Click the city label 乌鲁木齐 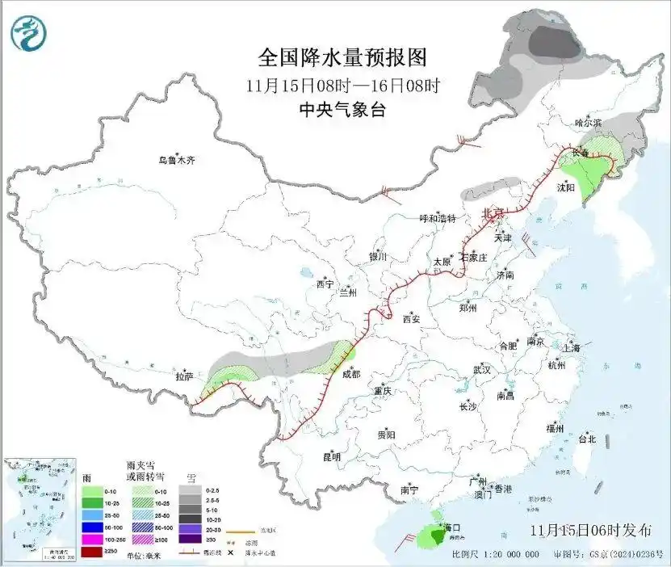pyautogui.click(x=177, y=161)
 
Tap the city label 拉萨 pyautogui.click(x=184, y=376)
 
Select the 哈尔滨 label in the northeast pyautogui.click(x=589, y=123)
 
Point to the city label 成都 pyautogui.click(x=350, y=375)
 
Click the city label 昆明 pyautogui.click(x=332, y=457)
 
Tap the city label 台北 pyautogui.click(x=586, y=439)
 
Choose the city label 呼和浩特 pyautogui.click(x=438, y=219)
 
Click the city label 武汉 pyautogui.click(x=482, y=369)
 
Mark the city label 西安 pyautogui.click(x=411, y=319)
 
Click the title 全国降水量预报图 pyautogui.click(x=342, y=57)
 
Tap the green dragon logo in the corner pyautogui.click(x=29, y=33)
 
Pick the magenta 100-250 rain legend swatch pyautogui.click(x=91, y=539)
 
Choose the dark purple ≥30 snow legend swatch pyautogui.click(x=191, y=539)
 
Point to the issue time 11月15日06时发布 pyautogui.click(x=591, y=531)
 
